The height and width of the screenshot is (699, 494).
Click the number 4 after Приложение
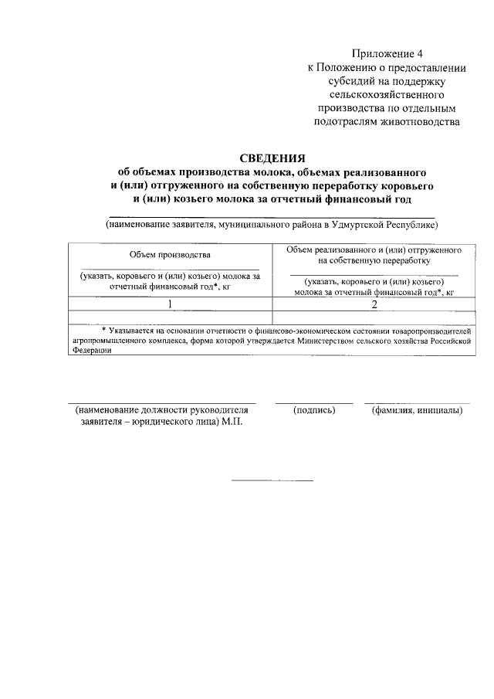pos(420,53)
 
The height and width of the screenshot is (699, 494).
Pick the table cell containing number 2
pos(374,304)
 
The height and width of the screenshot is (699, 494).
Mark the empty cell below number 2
pos(374,317)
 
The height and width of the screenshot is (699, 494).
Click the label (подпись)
pos(314,410)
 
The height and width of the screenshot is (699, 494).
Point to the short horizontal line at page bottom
pos(273,481)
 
